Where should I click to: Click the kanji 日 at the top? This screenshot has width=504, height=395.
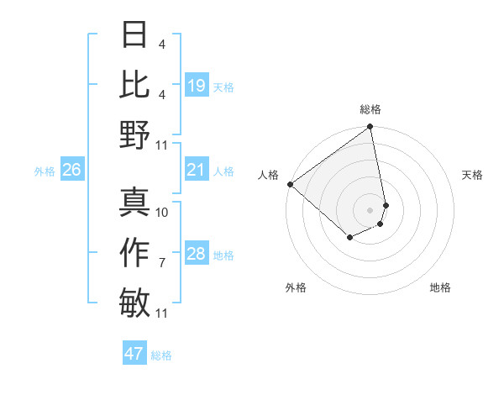(135, 35)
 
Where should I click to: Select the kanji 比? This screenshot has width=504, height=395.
(135, 85)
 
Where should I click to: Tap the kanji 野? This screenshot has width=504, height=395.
(135, 134)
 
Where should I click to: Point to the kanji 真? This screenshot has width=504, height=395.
(135, 203)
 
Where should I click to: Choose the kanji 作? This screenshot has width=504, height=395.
(135, 252)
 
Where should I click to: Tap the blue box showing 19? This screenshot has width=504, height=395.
(196, 86)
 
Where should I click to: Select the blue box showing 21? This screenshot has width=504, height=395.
(196, 171)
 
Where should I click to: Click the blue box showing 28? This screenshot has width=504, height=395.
(196, 255)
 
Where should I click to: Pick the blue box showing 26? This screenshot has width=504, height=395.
(71, 171)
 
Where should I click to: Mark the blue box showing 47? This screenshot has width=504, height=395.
(134, 354)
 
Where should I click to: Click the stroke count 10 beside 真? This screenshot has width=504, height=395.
(162, 212)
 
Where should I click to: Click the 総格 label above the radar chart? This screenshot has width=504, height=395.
(370, 109)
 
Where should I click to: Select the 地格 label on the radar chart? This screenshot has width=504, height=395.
(440, 287)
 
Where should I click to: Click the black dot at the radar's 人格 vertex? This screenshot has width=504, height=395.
(290, 184)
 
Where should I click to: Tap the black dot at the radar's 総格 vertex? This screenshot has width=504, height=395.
(370, 128)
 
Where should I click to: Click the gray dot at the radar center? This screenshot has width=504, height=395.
(370, 209)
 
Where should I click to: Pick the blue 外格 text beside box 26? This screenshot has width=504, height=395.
(45, 171)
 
